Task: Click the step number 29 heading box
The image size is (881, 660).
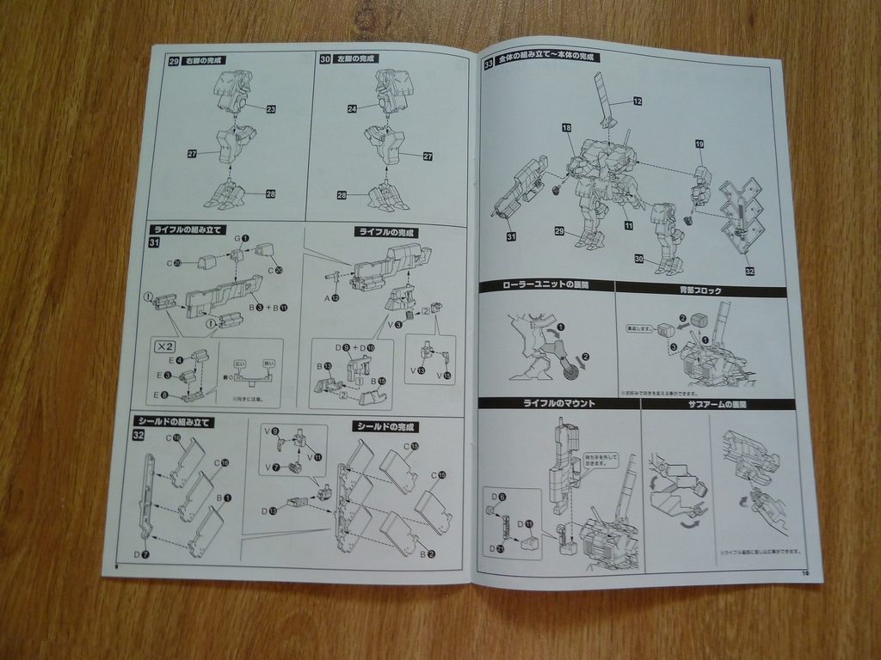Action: point(174,61)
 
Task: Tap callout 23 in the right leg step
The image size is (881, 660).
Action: point(270,109)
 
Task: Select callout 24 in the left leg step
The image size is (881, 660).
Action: point(353,108)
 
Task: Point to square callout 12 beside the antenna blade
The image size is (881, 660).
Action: point(638,101)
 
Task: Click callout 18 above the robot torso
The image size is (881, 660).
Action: point(566,127)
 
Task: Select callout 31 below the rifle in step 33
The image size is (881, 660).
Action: point(511,236)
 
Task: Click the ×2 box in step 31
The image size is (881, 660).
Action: point(162,347)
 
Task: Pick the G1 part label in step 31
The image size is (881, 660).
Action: point(241,238)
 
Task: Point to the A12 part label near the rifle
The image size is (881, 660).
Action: point(331,297)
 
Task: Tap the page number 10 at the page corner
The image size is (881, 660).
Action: point(805,573)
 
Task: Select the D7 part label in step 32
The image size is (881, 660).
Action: point(143,554)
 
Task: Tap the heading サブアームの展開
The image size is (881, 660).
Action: point(717,404)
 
